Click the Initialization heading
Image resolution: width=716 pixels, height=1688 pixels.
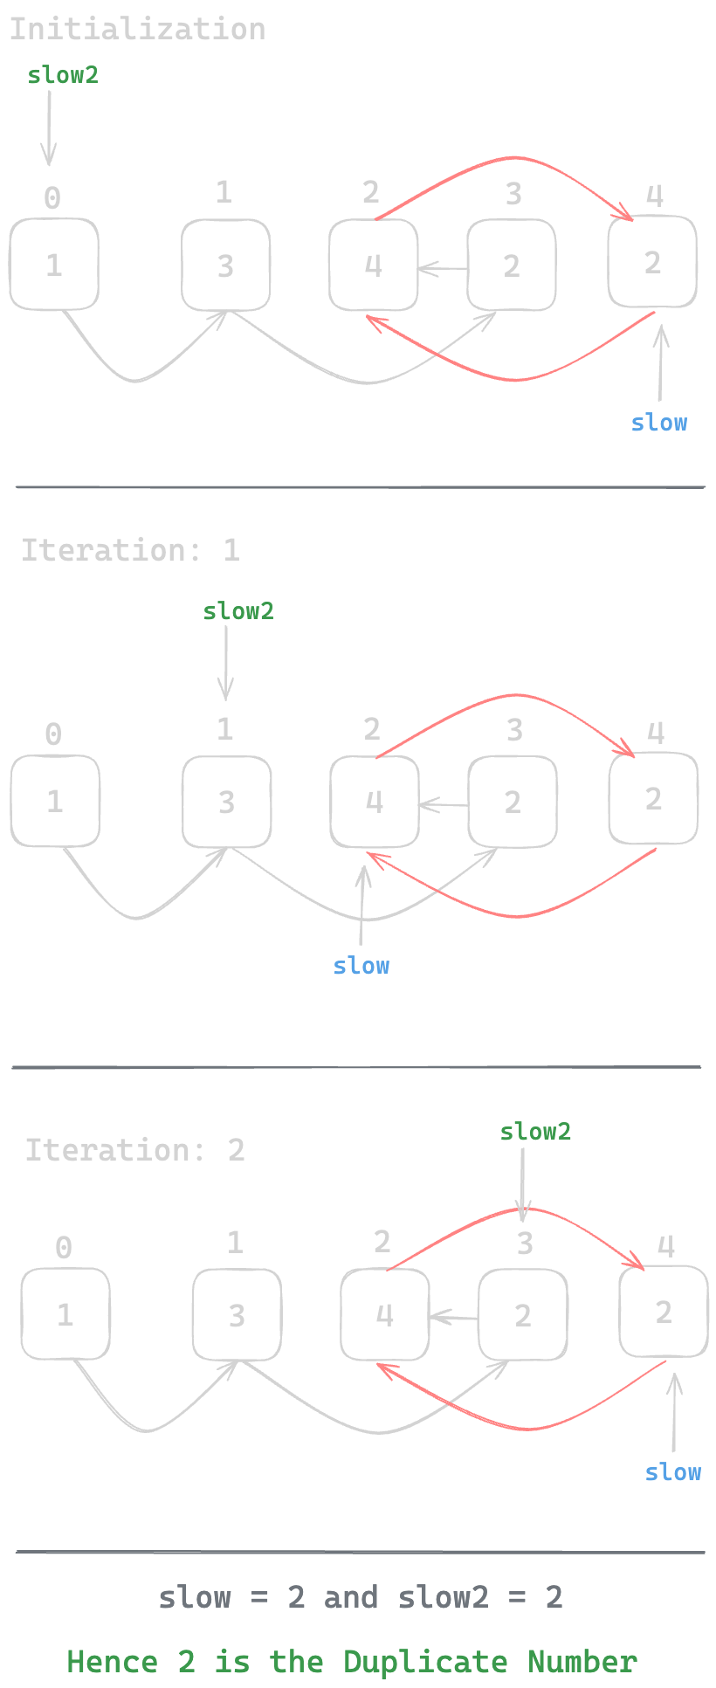click(137, 30)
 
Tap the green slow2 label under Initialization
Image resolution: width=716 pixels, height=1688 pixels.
click(63, 75)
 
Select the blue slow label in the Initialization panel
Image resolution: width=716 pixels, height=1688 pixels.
click(659, 423)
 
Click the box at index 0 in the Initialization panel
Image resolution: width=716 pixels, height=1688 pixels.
click(54, 265)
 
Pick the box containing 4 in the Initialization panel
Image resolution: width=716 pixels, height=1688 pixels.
click(374, 265)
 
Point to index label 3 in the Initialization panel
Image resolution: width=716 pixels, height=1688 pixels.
click(513, 194)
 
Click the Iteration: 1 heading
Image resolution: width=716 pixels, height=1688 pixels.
click(130, 550)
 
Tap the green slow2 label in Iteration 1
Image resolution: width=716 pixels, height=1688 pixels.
click(238, 611)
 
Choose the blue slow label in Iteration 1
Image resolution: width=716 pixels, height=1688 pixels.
click(361, 966)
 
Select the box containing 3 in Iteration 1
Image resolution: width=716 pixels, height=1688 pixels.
click(226, 802)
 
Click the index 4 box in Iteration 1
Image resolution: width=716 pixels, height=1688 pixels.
click(653, 798)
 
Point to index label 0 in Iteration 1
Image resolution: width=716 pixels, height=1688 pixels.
click(53, 734)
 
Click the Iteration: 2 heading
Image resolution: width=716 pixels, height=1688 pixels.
click(134, 1150)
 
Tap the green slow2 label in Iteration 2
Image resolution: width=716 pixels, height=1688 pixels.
click(535, 1132)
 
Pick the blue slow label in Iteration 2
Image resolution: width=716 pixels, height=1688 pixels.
click(673, 1472)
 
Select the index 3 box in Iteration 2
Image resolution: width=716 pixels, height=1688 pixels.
click(523, 1314)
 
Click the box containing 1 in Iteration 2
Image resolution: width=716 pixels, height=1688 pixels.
click(65, 1314)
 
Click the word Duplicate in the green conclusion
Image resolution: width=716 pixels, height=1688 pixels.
click(425, 1661)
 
